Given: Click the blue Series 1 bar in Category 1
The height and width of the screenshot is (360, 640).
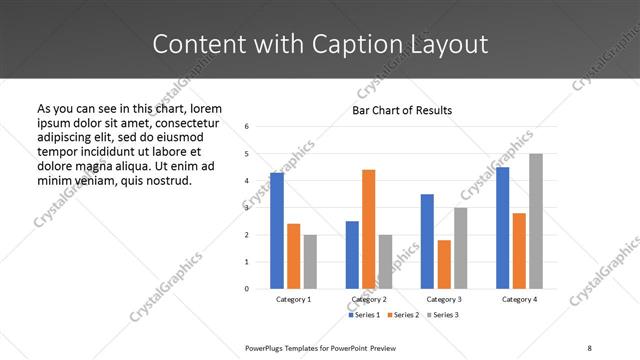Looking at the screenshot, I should point(277,231).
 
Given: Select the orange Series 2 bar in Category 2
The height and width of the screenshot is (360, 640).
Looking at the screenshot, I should point(368,229).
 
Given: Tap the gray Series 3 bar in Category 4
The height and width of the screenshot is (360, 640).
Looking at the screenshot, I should point(536,221).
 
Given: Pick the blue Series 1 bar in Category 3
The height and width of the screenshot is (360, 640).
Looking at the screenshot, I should point(427,241).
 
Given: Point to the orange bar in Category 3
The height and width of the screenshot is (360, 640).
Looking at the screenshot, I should point(444,264).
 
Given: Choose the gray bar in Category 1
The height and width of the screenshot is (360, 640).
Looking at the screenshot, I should point(310,262).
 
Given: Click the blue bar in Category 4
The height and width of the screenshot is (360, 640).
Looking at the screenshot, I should point(503,228).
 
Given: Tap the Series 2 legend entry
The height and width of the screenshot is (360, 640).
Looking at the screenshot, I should point(402,315).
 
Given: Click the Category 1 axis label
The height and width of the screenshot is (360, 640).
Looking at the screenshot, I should point(293,299).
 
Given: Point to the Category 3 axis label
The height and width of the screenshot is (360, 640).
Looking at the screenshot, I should point(444,299).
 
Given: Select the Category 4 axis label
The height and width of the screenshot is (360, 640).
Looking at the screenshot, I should point(519,299).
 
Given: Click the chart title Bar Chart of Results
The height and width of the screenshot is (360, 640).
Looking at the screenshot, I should point(402,110).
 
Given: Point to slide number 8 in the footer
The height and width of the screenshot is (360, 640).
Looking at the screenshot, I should point(588,347).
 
